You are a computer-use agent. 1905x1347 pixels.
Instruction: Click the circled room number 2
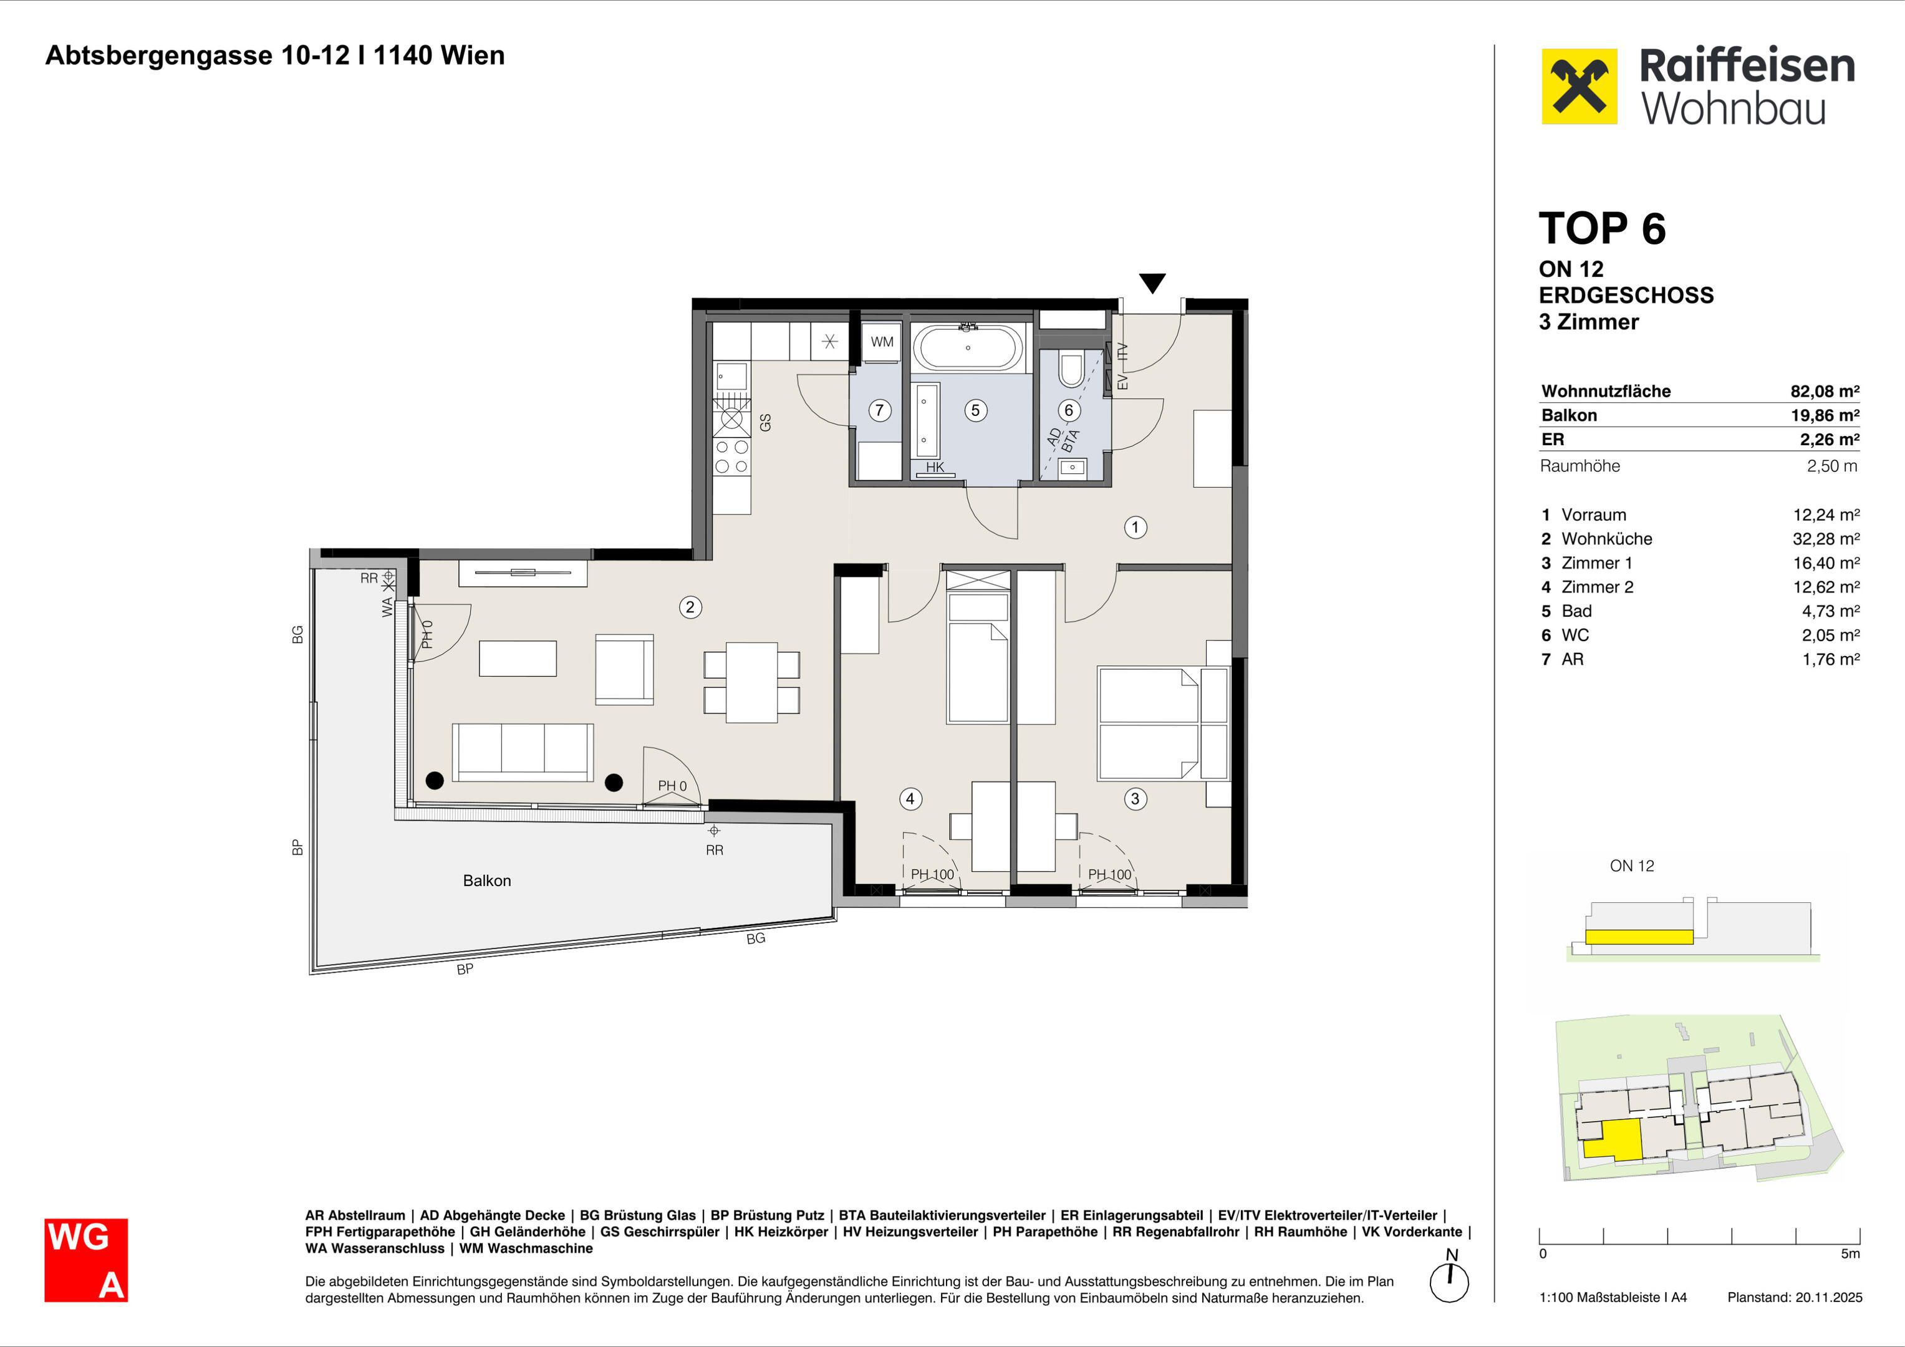(x=690, y=607)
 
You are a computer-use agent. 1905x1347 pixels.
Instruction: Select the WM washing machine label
(x=882, y=342)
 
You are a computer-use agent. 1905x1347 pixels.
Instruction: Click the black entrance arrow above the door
(x=1152, y=283)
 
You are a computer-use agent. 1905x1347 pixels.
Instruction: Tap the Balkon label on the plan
(x=487, y=881)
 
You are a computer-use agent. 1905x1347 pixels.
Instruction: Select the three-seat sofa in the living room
(x=523, y=752)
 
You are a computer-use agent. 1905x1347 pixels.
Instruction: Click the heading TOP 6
(x=1601, y=228)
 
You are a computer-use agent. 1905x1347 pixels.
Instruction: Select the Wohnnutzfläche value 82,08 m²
(x=1825, y=391)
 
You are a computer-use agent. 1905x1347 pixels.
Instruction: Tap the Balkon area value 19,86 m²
(x=1825, y=415)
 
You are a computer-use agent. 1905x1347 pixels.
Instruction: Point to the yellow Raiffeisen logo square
(x=1579, y=86)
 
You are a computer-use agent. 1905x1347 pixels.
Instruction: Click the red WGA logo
(x=86, y=1260)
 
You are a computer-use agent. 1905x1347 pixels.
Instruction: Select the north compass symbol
(x=1450, y=1278)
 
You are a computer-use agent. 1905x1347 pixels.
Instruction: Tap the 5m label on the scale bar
(x=1850, y=1253)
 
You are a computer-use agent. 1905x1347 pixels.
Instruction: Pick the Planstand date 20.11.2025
(x=1830, y=1297)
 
